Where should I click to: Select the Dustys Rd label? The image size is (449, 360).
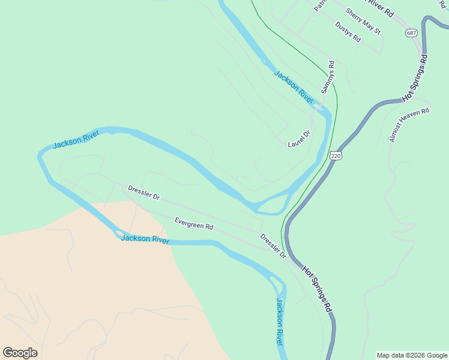(348, 32)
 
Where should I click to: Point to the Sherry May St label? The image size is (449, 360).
(363, 21)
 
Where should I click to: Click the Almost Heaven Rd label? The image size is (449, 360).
(409, 125)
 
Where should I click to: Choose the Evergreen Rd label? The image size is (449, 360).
(194, 224)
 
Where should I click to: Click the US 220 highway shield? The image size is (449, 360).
(336, 156)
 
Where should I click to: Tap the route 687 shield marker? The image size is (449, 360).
(411, 32)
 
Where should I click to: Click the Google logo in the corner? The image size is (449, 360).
(20, 353)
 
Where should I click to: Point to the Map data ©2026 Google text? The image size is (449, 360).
(412, 355)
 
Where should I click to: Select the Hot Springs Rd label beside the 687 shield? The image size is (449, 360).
(415, 78)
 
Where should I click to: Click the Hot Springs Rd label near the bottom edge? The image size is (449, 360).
(318, 289)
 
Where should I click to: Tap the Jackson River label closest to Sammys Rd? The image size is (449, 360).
(294, 86)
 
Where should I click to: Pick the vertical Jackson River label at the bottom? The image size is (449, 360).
(279, 321)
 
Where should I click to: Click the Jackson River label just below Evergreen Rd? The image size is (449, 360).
(145, 239)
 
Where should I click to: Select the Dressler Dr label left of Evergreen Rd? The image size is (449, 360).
(144, 193)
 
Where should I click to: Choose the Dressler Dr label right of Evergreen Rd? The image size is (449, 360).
(273, 246)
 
